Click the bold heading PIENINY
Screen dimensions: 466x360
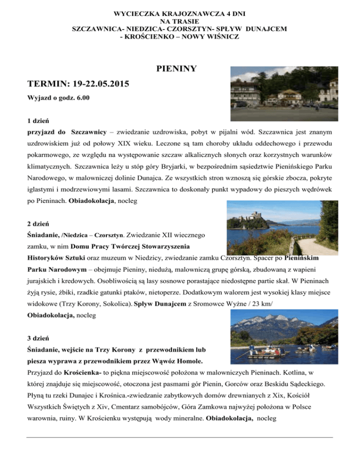[x=176, y=69]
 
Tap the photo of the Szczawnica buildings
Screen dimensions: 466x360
[x=285, y=87]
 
